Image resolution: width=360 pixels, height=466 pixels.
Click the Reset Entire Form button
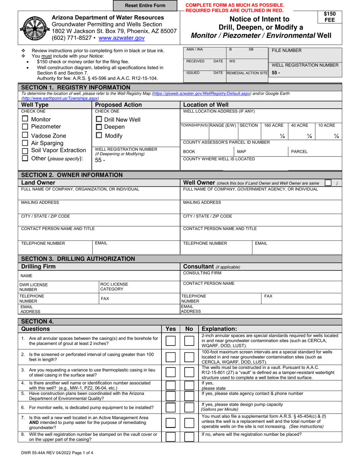coord(145,6)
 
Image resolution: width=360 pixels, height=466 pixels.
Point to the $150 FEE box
coord(329,17)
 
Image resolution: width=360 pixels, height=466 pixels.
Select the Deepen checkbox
coord(99,127)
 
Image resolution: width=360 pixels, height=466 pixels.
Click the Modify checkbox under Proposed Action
coord(99,135)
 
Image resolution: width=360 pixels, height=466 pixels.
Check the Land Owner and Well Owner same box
coord(328,183)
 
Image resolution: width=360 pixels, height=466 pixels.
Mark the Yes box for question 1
coord(171,341)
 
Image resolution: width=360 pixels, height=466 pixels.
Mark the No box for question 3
coord(189,373)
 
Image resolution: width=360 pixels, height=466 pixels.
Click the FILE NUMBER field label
coord(286,50)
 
